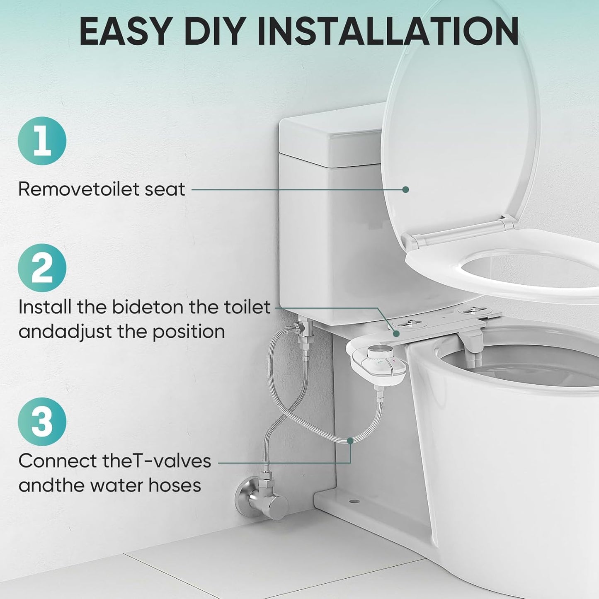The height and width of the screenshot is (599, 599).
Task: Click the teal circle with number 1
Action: [42, 141]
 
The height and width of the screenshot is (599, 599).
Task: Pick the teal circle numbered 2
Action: [42, 268]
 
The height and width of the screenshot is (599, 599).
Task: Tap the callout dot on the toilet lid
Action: [405, 189]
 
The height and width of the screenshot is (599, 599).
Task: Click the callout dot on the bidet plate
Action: [396, 334]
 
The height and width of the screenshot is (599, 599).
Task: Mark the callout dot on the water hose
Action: [350, 440]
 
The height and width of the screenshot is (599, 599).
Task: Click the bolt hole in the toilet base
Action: [354, 502]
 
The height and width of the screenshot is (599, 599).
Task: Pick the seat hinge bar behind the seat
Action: [460, 232]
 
